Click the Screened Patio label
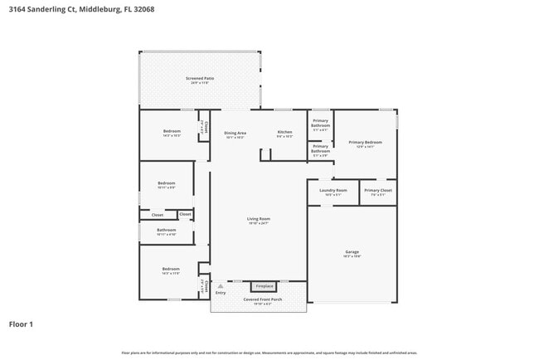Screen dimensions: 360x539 (x=200, y=78)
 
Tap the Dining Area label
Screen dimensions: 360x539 (x=236, y=133)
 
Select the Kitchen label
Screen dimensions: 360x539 (x=284, y=133)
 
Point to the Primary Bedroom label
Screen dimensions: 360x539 (x=365, y=143)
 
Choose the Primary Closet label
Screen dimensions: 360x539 (x=377, y=191)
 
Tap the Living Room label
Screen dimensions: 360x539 (x=259, y=219)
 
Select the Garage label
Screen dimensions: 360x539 (x=352, y=251)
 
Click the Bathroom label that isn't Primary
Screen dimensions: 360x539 (x=167, y=230)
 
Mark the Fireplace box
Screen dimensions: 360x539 (x=264, y=286)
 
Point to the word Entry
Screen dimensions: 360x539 (x=221, y=293)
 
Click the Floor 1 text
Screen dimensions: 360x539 (x=21, y=324)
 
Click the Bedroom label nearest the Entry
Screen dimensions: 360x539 (x=171, y=269)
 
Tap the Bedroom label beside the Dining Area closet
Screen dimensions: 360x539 (x=172, y=131)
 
